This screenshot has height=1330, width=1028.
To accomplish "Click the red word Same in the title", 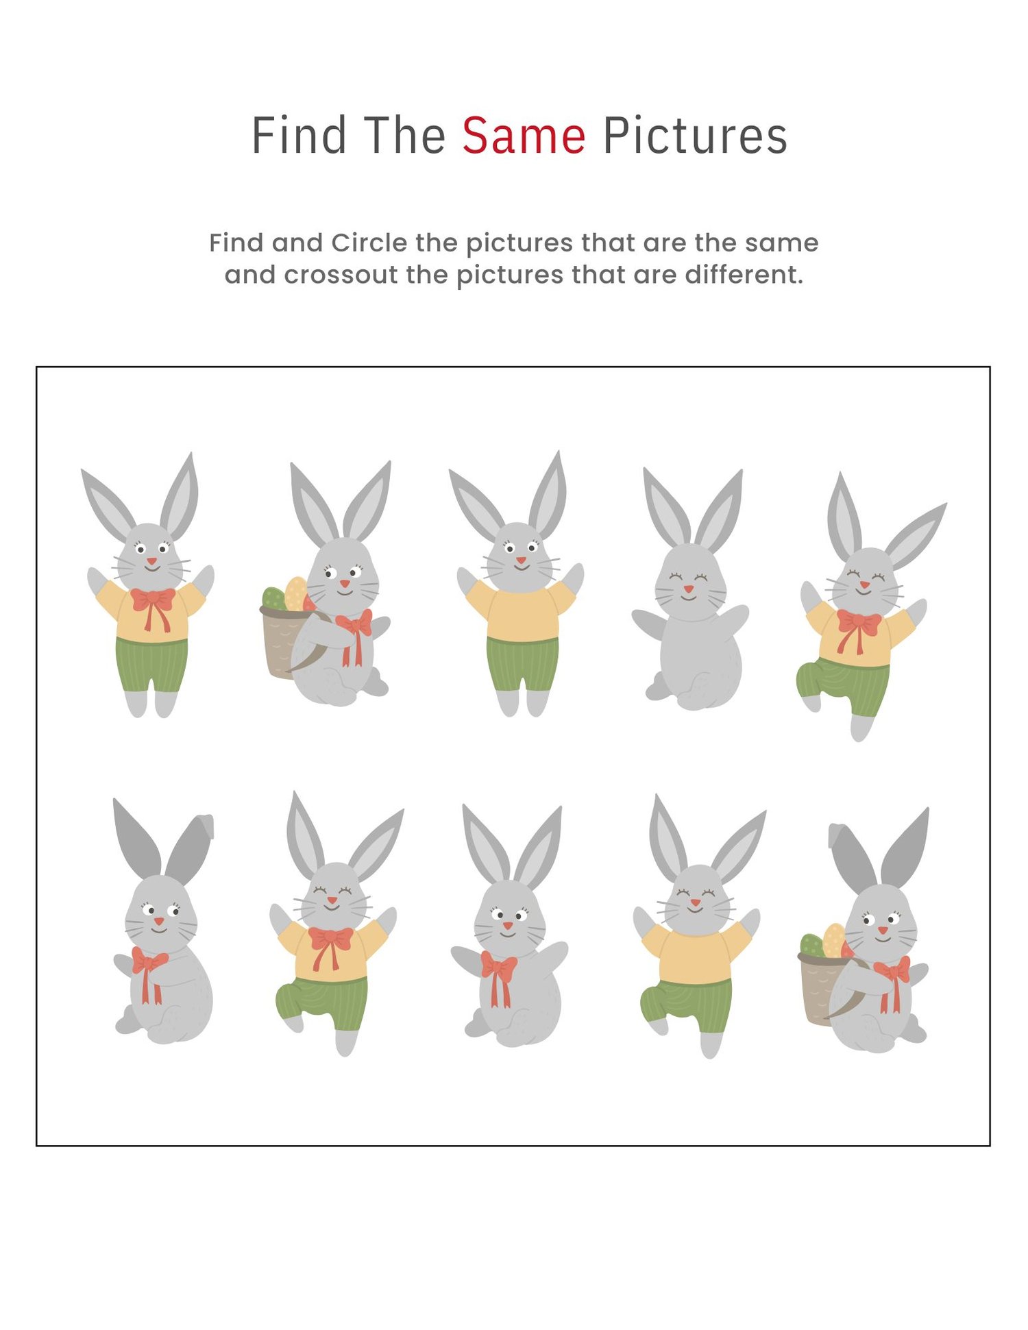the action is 524,136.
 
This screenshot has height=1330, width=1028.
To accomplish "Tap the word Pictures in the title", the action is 695,136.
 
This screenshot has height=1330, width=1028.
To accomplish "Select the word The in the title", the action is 404,136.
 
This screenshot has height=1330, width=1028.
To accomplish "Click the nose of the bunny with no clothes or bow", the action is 689,589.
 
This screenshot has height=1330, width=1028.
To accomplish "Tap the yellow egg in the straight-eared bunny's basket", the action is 295,593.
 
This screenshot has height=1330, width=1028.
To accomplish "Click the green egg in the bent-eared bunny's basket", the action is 813,946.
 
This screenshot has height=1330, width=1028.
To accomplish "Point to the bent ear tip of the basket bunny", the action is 836,835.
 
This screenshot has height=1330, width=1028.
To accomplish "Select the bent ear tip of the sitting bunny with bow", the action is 205,825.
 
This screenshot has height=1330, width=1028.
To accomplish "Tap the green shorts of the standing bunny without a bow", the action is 522,663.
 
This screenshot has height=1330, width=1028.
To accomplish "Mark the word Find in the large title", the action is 299,136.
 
